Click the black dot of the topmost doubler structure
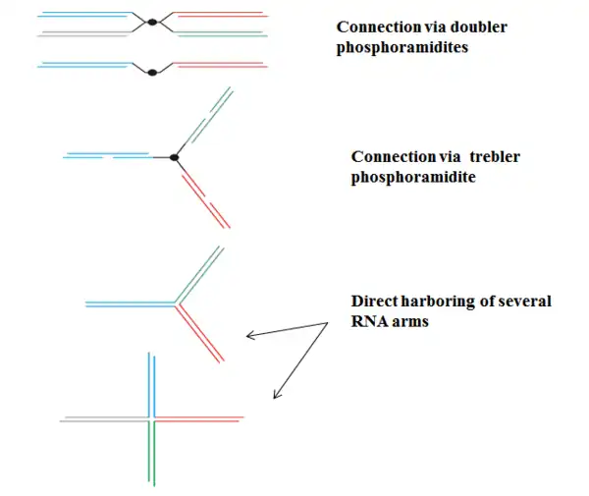point(152,23)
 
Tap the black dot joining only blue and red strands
point(151,71)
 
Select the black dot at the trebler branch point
point(174,157)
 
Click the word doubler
point(476,28)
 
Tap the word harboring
point(439,302)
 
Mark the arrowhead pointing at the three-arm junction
point(248,337)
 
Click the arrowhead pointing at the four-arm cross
point(275,396)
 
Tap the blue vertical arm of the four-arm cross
point(151,383)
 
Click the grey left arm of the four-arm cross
point(103,419)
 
